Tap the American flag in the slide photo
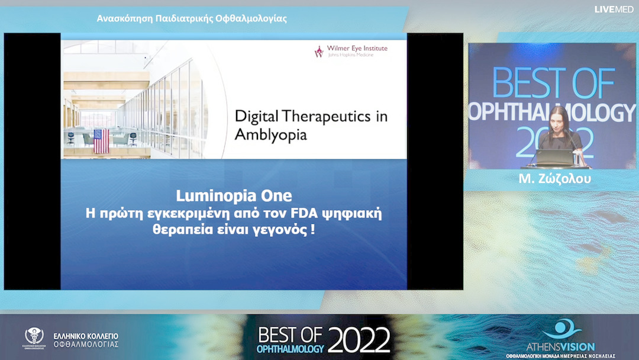(x=101, y=141)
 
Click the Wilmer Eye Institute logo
(x=351, y=52)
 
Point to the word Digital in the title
(x=255, y=115)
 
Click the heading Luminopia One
(x=234, y=195)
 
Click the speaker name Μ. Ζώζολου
(x=554, y=179)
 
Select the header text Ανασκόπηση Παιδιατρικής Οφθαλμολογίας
(x=192, y=18)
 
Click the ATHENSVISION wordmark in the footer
(x=560, y=346)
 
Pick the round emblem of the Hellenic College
(x=34, y=337)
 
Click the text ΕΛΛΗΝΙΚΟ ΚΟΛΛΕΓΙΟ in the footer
(x=86, y=336)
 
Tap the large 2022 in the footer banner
(x=359, y=340)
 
